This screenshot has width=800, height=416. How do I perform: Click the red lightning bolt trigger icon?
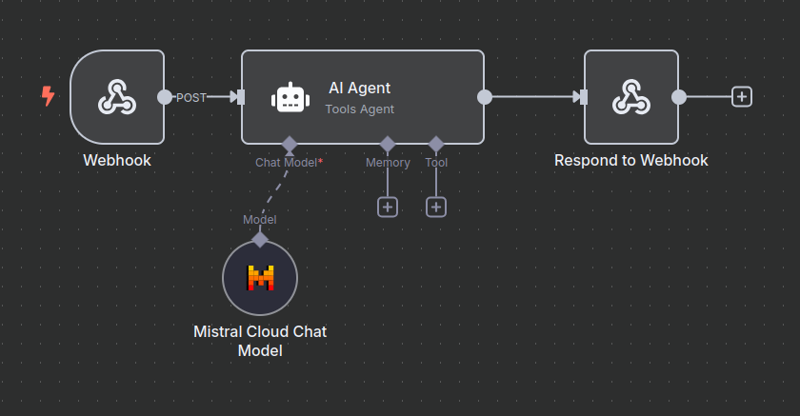tap(48, 95)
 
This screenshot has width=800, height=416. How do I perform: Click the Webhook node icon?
tap(116, 96)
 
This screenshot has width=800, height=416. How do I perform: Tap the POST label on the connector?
tap(191, 97)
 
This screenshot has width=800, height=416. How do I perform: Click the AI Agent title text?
tap(359, 89)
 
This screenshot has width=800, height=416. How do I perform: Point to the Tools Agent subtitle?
tap(359, 109)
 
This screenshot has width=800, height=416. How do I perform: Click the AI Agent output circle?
tap(484, 96)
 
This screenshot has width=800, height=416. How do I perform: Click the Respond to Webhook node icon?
tap(630, 96)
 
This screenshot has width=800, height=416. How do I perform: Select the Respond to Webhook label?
tap(630, 160)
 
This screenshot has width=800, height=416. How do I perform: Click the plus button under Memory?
tap(388, 207)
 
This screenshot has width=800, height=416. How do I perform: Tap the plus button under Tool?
tap(436, 207)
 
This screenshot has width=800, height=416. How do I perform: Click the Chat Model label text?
tap(287, 163)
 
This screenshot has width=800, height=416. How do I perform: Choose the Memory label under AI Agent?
tap(388, 163)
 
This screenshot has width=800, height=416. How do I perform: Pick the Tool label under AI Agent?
tap(436, 163)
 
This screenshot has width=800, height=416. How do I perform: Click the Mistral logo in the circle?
tap(260, 278)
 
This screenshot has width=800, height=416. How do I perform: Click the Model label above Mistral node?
tap(260, 220)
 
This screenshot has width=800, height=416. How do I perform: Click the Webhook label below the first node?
tap(117, 160)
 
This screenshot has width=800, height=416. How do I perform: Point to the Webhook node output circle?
tap(165, 96)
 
